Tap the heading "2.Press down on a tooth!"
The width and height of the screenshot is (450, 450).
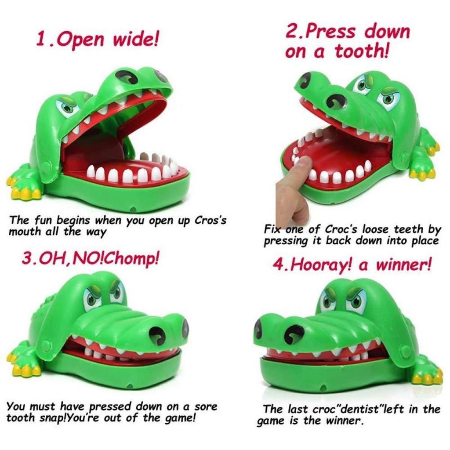coord(347,42)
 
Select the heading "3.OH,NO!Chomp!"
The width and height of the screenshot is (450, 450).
coord(90,258)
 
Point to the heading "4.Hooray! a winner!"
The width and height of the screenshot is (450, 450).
coord(352,265)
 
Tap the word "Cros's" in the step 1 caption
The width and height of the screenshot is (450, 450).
coord(211,220)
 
